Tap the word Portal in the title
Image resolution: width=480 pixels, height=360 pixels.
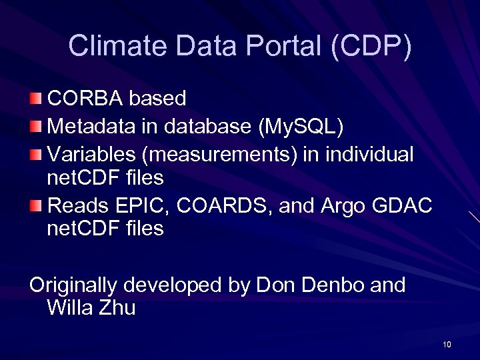click(285, 45)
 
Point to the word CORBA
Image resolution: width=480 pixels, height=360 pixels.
click(85, 99)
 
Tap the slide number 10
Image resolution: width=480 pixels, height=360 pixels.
click(447, 345)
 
